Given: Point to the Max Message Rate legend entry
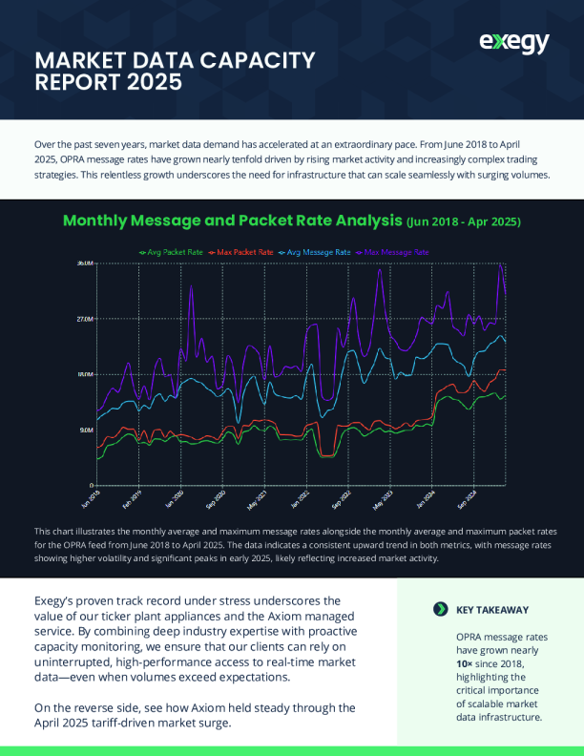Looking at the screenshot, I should pyautogui.click(x=395, y=252).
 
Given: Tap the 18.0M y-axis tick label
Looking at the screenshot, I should pyautogui.click(x=85, y=374).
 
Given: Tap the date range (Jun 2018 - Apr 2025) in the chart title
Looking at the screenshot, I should pyautogui.click(x=463, y=221).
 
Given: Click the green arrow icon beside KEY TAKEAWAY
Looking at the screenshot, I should pyautogui.click(x=440, y=609).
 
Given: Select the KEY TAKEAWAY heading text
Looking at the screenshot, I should pyautogui.click(x=492, y=609).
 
